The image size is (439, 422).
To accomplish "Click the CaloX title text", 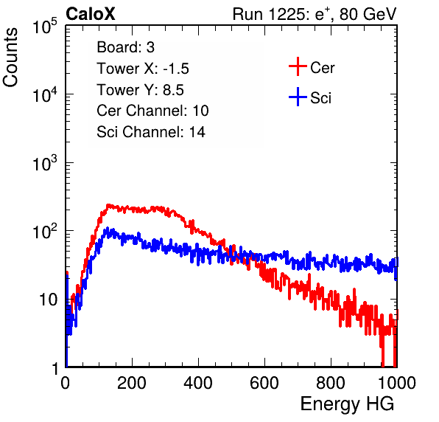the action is click(x=91, y=14).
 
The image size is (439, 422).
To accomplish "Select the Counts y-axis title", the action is click(x=10, y=58).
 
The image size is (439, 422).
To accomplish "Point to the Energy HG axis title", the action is click(x=347, y=404).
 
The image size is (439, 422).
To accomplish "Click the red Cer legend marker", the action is click(x=298, y=66).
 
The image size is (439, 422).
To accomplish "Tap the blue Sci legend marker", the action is click(x=298, y=97).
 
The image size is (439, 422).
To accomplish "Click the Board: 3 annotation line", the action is click(x=125, y=47).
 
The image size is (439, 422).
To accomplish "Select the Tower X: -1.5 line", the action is click(x=143, y=69).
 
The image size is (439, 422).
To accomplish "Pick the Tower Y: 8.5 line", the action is click(x=140, y=90).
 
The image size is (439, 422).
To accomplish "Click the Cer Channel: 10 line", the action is click(x=152, y=111).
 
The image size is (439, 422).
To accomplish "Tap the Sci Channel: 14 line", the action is click(x=151, y=132).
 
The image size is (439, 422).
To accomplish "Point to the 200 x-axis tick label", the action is click(x=132, y=383).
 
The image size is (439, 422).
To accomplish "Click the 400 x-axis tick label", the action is click(x=198, y=383).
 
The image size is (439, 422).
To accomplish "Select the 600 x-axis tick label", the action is click(x=264, y=383).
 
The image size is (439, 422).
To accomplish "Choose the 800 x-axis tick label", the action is click(x=331, y=383).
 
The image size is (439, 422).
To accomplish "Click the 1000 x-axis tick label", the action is click(x=397, y=383).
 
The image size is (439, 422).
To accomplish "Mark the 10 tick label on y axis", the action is click(x=49, y=300).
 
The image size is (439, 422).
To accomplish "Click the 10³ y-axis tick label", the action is click(x=45, y=163).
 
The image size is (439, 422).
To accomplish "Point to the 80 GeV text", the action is click(x=368, y=14).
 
